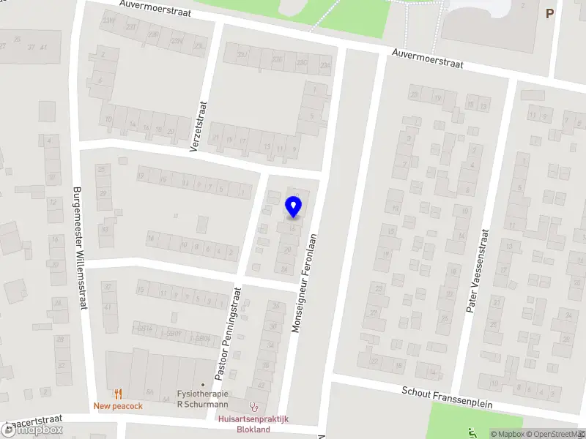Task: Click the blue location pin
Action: (293, 206)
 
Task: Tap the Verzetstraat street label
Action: (199, 126)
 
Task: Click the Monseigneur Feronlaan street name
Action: (305, 284)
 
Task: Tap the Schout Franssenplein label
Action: (447, 398)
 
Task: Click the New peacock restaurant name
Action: (118, 406)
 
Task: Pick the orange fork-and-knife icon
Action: (117, 394)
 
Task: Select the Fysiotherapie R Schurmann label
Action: (203, 398)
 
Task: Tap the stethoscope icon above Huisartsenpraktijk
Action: (254, 406)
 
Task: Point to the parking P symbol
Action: (549, 13)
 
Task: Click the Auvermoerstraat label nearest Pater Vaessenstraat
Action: (428, 59)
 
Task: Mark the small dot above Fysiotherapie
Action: (203, 384)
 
